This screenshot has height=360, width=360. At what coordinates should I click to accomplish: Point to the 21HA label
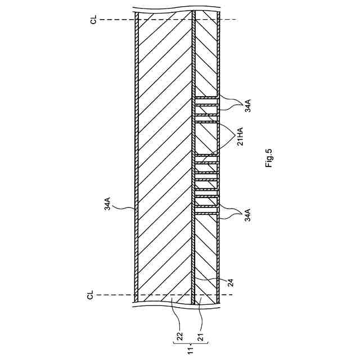(240, 136)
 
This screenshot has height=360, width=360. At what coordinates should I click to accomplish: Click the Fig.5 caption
(269, 158)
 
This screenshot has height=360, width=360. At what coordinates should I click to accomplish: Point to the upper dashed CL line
(169, 20)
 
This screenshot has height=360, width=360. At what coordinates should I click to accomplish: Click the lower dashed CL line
(169, 295)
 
